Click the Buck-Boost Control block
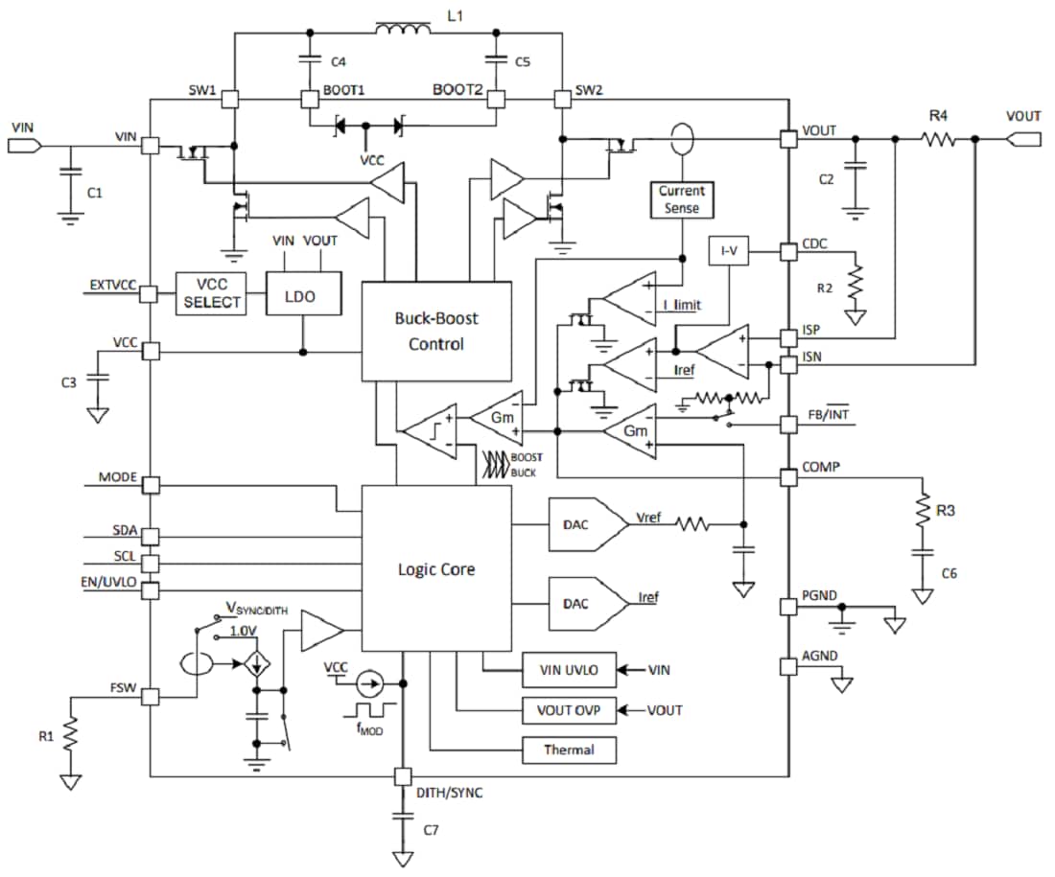[436, 331]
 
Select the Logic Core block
[436, 568]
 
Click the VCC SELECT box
[209, 291]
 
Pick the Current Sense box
[681, 199]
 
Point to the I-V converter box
[729, 252]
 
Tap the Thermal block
[569, 750]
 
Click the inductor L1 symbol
[403, 34]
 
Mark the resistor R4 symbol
[938, 139]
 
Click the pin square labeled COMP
[788, 475]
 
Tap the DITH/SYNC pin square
[403, 775]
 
